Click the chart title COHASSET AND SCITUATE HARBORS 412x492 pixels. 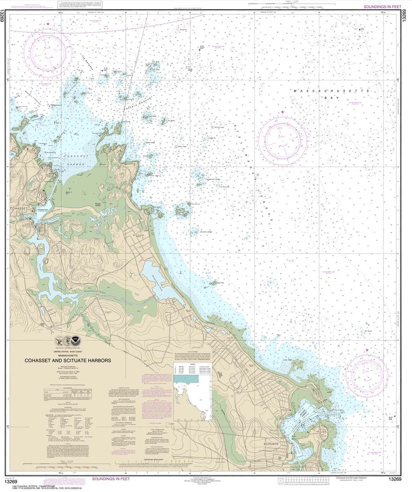click(x=68, y=361)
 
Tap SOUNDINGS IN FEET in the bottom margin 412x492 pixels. click(x=111, y=479)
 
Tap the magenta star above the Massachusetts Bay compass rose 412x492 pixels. click(x=283, y=112)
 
